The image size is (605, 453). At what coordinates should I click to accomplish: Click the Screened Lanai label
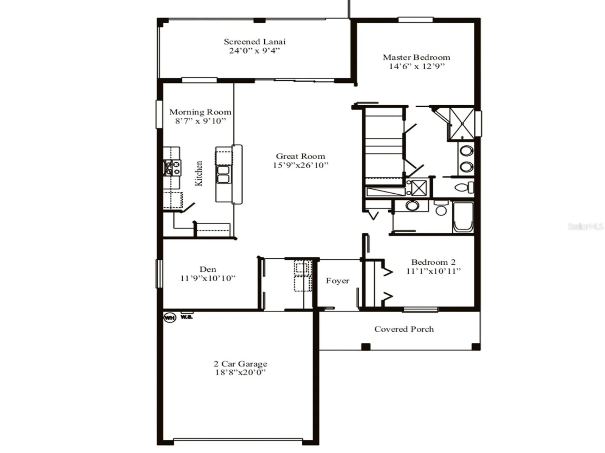254,42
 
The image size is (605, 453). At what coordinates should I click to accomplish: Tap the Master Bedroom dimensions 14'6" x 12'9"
416,66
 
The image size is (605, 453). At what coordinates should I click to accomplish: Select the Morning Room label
200,112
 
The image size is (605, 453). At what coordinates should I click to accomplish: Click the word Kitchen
199,173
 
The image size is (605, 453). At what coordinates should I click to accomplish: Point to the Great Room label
301,156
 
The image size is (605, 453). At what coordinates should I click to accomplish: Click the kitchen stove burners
172,168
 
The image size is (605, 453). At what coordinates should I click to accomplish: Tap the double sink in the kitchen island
223,174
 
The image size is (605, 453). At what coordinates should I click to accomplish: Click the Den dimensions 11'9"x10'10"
208,278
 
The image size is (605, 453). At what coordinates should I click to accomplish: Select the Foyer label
337,281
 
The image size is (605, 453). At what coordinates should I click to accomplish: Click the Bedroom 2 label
433,262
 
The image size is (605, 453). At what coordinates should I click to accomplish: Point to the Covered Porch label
404,329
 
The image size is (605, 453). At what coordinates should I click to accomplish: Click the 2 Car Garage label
240,364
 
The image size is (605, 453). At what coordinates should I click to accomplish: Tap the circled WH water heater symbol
170,318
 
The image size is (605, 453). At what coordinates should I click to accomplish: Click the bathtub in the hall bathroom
463,217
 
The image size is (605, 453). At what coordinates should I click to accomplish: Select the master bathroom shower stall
462,123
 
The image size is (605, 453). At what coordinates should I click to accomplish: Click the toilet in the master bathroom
465,188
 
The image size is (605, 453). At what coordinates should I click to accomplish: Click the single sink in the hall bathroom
412,206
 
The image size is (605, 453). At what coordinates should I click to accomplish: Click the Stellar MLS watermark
585,226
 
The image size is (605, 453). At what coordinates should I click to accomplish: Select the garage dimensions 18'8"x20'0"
240,373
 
